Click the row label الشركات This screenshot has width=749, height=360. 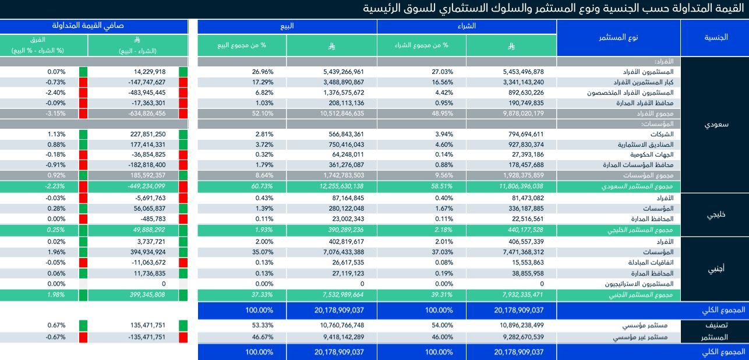pos(660,134)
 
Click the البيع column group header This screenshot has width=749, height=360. pos(287,27)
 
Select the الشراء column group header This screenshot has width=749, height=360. pos(467,27)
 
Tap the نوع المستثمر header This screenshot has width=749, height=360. pos(619,37)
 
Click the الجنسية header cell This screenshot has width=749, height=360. pos(715,37)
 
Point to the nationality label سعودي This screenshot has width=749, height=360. pos(715,124)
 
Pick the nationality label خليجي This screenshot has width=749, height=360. pos(715,214)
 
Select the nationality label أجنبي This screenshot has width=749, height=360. pos(715,270)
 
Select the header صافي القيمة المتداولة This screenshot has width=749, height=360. pos(94,26)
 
